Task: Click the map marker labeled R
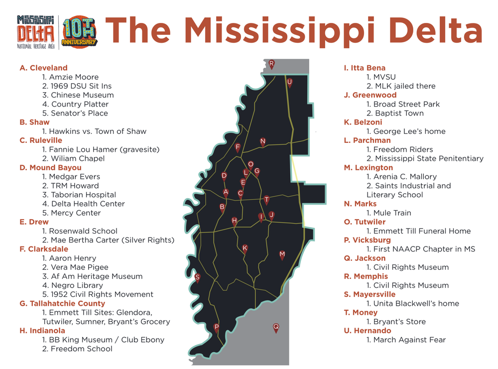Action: click(271, 64)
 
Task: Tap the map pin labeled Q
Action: click(276, 328)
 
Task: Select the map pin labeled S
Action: click(197, 278)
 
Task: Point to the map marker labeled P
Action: click(216, 328)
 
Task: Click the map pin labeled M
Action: click(282, 255)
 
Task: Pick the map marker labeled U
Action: click(289, 83)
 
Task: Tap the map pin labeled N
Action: click(262, 142)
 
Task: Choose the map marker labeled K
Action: click(245, 248)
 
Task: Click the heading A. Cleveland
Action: click(43, 68)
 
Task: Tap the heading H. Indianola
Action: click(42, 331)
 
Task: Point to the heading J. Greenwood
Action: click(370, 95)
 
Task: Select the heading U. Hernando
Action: click(368, 331)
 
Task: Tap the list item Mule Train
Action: click(388, 213)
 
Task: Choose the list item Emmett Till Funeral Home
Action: click(418, 231)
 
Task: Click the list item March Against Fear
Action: click(406, 340)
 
